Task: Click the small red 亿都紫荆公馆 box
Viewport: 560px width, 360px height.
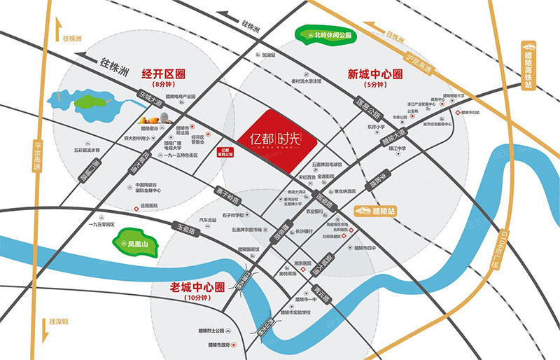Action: point(223,153)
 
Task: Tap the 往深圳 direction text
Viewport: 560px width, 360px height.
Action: point(59,322)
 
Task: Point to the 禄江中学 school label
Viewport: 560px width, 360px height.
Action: point(391,148)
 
